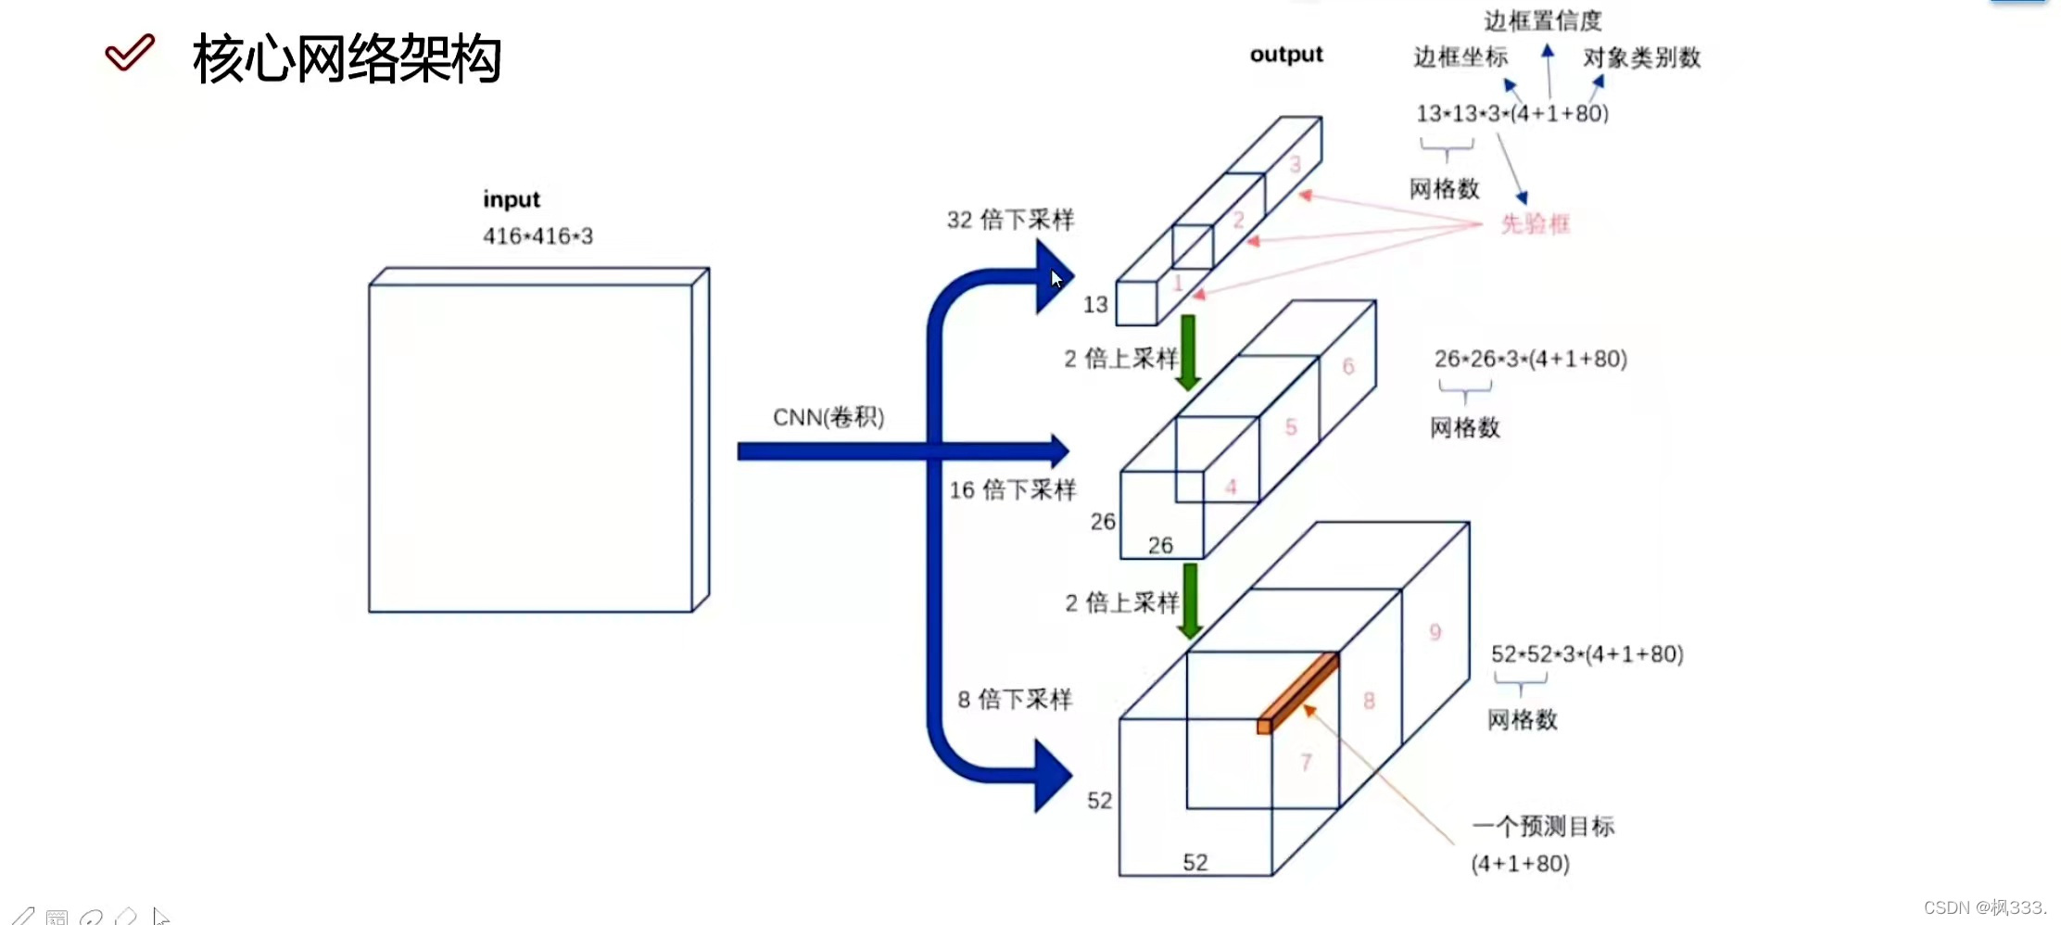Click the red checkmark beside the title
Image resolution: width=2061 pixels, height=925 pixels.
(x=130, y=53)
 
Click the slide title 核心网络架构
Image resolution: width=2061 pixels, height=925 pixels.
(x=347, y=59)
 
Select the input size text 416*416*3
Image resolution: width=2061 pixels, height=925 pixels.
(x=537, y=236)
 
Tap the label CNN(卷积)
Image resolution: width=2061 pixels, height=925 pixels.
(x=828, y=417)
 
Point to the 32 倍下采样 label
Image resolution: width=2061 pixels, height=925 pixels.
(x=1010, y=220)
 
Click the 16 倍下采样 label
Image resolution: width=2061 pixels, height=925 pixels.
(x=1012, y=489)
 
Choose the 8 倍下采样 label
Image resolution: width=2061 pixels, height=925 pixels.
(x=1015, y=699)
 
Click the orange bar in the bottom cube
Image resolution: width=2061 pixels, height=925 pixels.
(x=1297, y=692)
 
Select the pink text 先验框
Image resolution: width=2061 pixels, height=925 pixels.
(x=1535, y=223)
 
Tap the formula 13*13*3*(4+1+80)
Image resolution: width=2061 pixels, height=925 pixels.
(x=1511, y=113)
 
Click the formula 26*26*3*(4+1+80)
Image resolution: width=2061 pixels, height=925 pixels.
(x=1530, y=359)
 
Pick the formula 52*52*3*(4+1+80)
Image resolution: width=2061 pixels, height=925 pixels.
(x=1587, y=654)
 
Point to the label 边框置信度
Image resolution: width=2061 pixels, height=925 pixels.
(x=1542, y=20)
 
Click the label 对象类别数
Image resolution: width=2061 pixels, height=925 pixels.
(x=1641, y=57)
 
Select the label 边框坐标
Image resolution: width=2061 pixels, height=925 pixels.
(x=1460, y=57)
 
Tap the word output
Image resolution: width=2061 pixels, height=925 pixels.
(x=1286, y=55)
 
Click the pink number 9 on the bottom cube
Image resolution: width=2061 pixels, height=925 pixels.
(x=1435, y=632)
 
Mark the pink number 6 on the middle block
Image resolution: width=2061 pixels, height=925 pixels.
(x=1348, y=366)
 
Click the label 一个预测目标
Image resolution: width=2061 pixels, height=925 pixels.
(x=1543, y=826)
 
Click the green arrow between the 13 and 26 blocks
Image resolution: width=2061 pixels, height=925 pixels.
(x=1188, y=352)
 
